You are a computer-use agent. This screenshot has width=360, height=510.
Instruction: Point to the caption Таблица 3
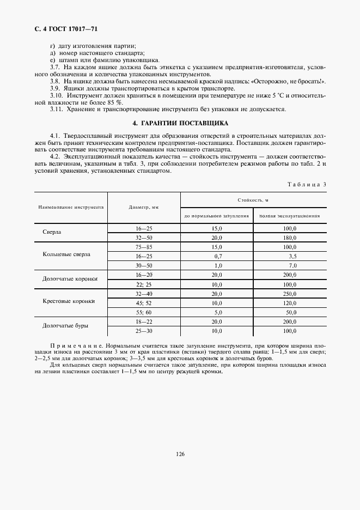pyautogui.click(x=307, y=184)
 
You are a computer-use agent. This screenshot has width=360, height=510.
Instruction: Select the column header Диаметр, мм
pyautogui.click(x=144, y=208)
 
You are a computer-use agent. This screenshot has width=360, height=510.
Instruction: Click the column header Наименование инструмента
pyautogui.click(x=71, y=208)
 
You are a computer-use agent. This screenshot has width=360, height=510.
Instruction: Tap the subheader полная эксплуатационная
pyautogui.click(x=289, y=216)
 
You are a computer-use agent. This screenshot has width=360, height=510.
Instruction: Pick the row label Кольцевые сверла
pyautogui.click(x=67, y=254)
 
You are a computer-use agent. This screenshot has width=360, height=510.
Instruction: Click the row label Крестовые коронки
pyautogui.click(x=68, y=301)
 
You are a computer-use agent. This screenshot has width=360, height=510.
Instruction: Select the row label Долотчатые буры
pyautogui.click(x=66, y=326)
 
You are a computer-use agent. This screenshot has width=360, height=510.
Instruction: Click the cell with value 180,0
pyautogui.click(x=289, y=238)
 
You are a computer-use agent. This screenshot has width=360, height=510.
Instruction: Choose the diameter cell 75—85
pyautogui.click(x=144, y=247)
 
